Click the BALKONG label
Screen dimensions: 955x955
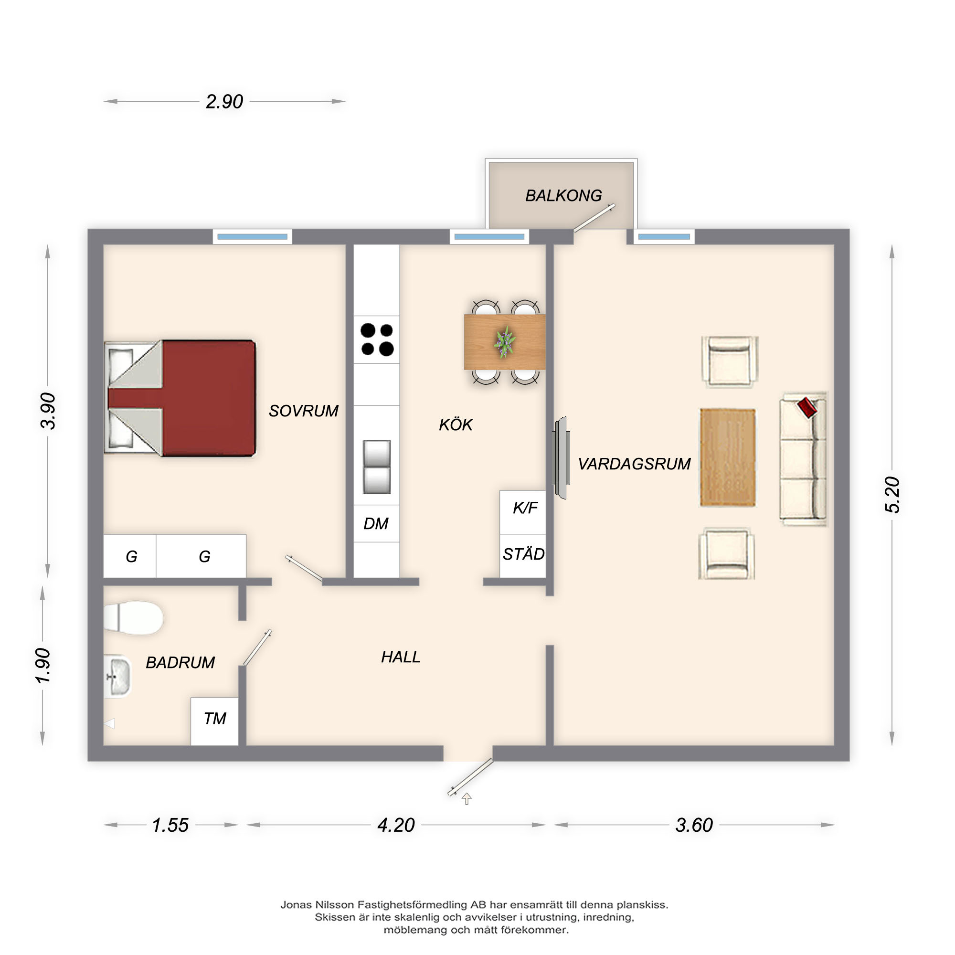coord(563,196)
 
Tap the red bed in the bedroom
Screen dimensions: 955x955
coord(180,398)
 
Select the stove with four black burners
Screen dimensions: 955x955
coord(377,340)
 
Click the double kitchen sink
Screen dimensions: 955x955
coord(377,467)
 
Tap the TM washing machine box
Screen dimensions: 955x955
coord(214,722)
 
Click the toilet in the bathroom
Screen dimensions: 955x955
coord(134,618)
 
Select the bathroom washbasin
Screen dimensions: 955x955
coord(117,676)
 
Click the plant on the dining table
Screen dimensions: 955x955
coord(504,341)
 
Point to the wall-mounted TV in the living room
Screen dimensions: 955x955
coord(561,458)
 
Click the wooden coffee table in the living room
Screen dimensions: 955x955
coord(728,458)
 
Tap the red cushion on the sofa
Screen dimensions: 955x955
coord(807,408)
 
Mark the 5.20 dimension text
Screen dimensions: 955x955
coord(893,495)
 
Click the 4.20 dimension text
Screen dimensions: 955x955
coord(396,825)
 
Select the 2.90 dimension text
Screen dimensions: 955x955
coord(224,102)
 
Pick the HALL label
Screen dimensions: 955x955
coord(401,657)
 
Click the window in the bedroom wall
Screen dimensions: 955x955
coord(253,237)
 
